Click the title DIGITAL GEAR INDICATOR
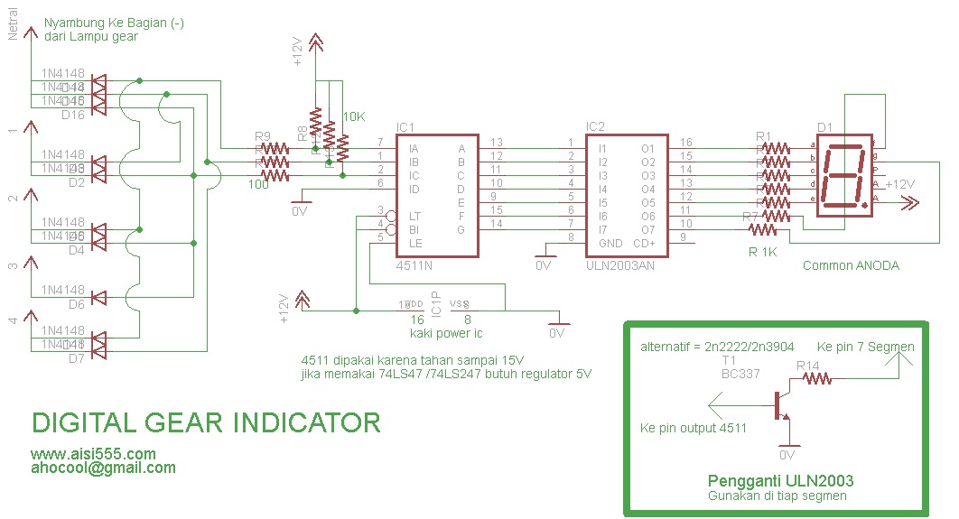pyautogui.click(x=206, y=422)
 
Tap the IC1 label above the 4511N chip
pyautogui.click(x=405, y=127)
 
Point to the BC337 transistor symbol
pyautogui.click(x=779, y=405)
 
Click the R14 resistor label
pyautogui.click(x=808, y=366)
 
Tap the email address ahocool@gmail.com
pyautogui.click(x=103, y=468)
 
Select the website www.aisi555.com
pyautogui.click(x=93, y=453)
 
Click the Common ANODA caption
pyautogui.click(x=851, y=265)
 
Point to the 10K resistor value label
pyautogui.click(x=354, y=116)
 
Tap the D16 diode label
pyautogui.click(x=72, y=115)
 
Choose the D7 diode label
pyautogui.click(x=76, y=358)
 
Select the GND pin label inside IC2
pyautogui.click(x=610, y=243)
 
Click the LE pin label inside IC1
pyautogui.click(x=415, y=243)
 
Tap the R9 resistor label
pyautogui.click(x=262, y=137)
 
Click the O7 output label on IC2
pyautogui.click(x=647, y=230)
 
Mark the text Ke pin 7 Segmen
pyautogui.click(x=865, y=348)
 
